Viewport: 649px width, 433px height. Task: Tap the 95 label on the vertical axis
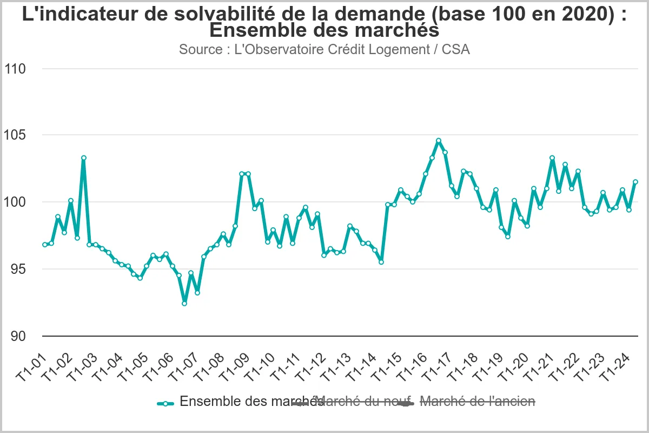coord(17,269)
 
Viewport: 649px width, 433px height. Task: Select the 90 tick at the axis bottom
coord(17,336)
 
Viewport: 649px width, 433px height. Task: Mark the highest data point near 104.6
coord(439,141)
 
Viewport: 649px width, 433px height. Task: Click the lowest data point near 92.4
coord(184,304)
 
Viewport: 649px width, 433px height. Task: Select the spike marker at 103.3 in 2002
coord(84,158)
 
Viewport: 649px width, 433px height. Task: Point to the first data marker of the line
coord(45,245)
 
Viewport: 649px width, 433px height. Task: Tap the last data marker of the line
coord(635,182)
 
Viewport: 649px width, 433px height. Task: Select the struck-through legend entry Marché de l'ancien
coord(477,402)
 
